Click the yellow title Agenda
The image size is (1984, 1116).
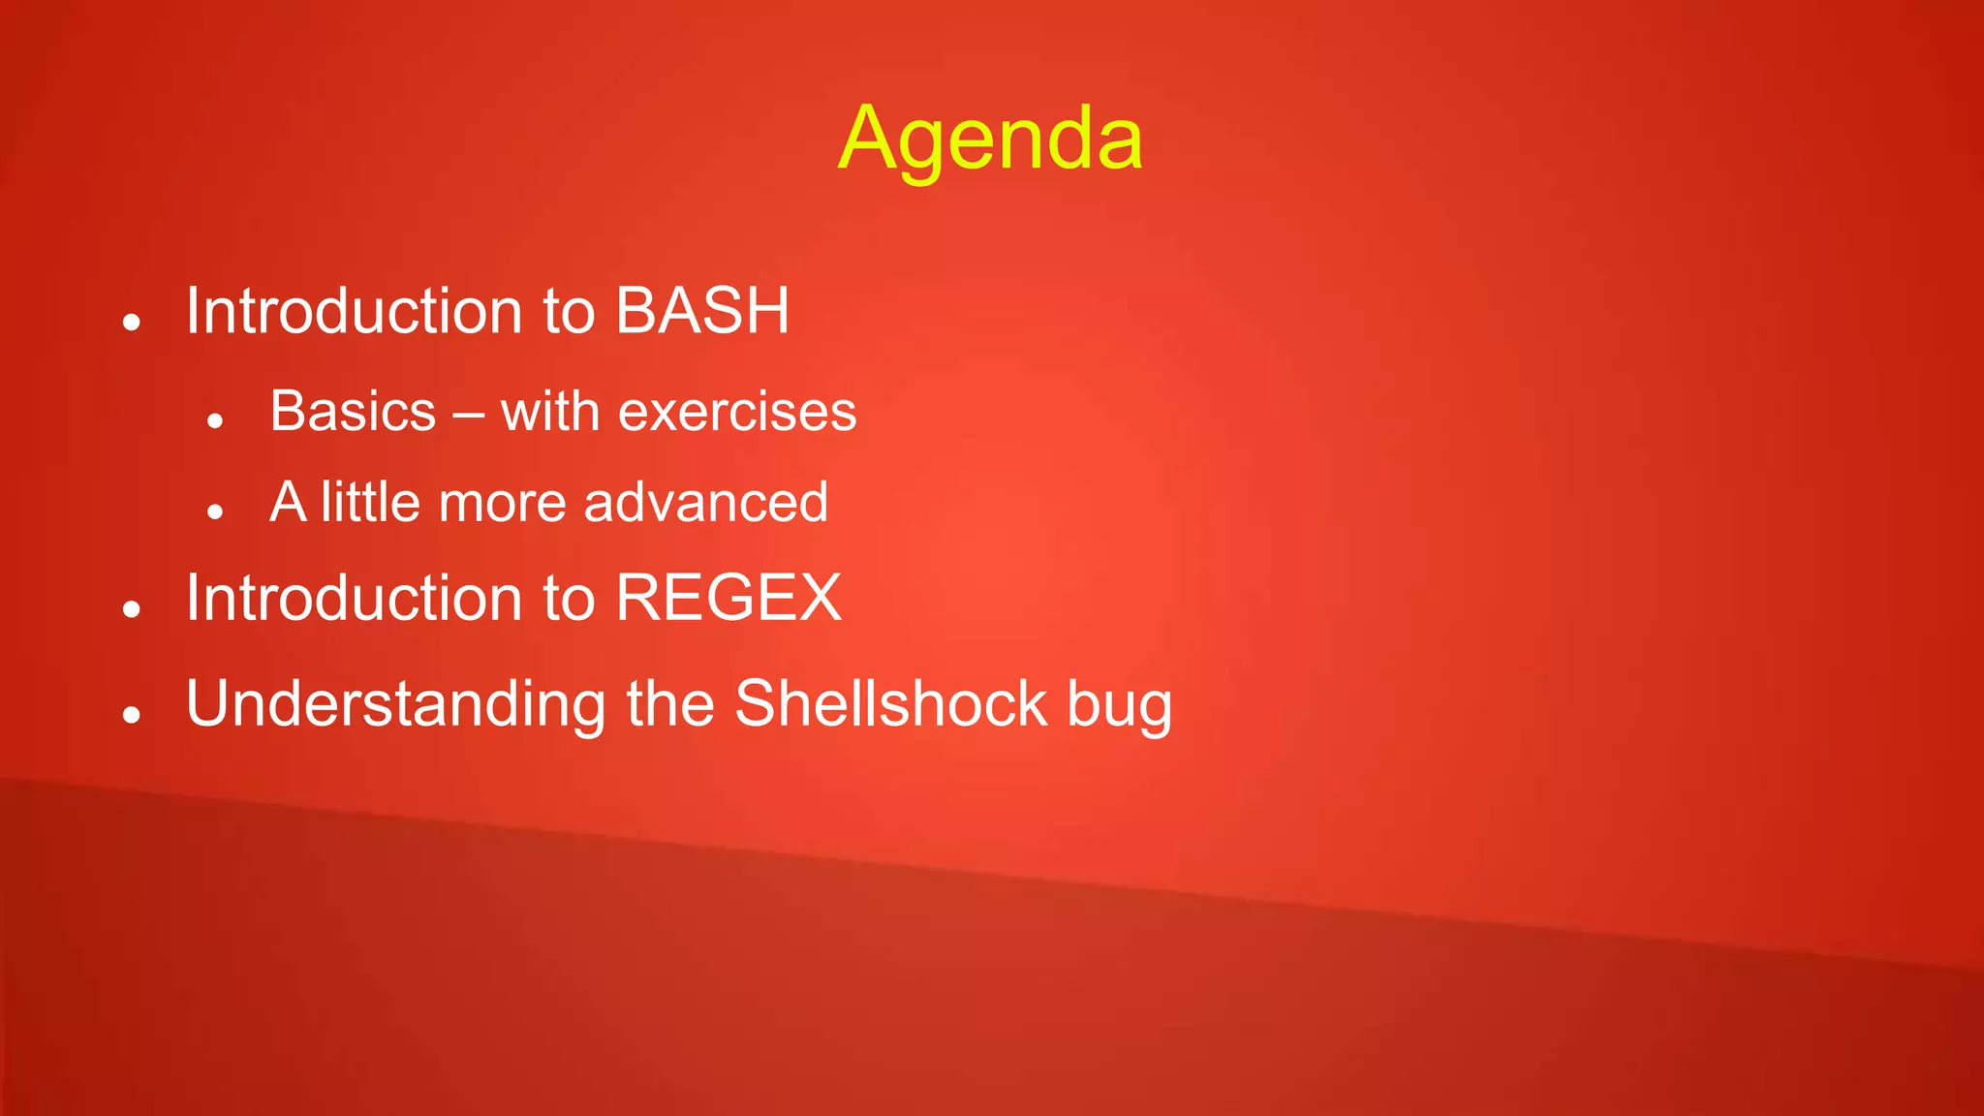990,140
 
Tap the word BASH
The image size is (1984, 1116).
702,311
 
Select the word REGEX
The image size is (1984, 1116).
728,597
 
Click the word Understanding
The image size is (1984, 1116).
395,705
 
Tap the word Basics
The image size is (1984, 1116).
353,411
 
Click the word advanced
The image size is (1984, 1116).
705,502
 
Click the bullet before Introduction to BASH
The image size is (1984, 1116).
133,322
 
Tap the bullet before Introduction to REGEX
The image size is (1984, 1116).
133,608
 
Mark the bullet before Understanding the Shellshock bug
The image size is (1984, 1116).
133,715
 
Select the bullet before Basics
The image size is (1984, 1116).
215,420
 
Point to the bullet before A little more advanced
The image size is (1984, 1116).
215,511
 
